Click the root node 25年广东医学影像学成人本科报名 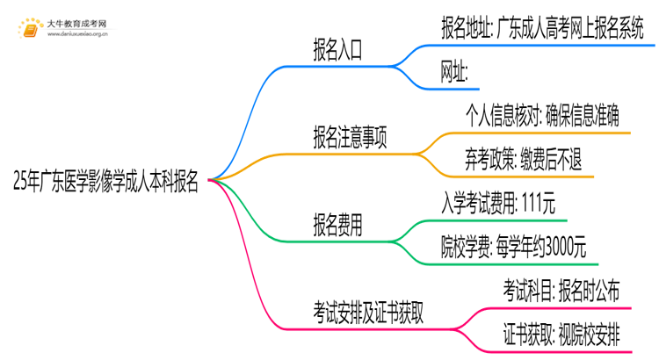click(x=106, y=183)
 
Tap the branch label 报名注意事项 click(x=351, y=138)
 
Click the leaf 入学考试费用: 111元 click(x=497, y=203)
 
